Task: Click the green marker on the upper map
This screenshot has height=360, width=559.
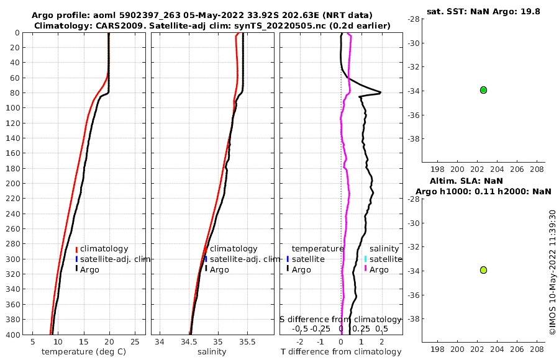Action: (x=483, y=90)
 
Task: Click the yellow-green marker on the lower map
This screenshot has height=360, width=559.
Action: (x=483, y=270)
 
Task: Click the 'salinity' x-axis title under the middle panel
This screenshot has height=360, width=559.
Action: (x=211, y=352)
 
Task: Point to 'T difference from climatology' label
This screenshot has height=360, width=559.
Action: (x=342, y=352)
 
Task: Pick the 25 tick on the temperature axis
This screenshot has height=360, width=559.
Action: (x=135, y=341)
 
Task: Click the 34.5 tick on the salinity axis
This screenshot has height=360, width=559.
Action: (x=189, y=341)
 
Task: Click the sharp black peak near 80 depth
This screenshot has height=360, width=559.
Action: (x=379, y=92)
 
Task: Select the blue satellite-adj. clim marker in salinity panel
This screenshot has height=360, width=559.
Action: (x=206, y=259)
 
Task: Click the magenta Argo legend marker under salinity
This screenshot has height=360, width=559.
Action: (x=365, y=269)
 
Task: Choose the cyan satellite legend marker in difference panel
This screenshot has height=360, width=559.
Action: (x=365, y=259)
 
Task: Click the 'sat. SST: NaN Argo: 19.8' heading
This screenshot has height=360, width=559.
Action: (x=483, y=10)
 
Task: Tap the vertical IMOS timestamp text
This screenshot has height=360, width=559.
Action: (x=552, y=272)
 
